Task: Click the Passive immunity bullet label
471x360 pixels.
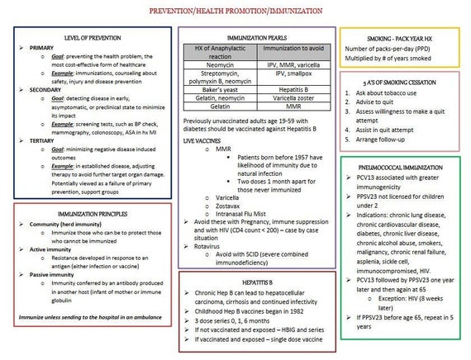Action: (55, 274)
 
